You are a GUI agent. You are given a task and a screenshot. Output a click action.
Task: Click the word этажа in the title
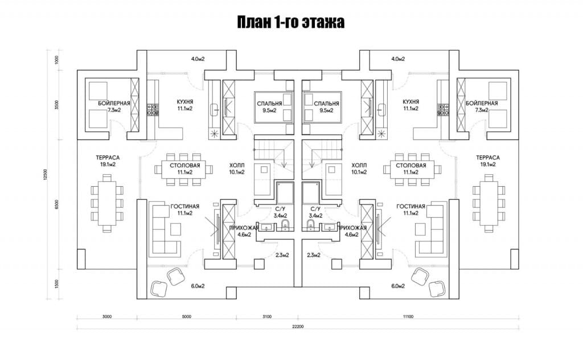click(x=323, y=22)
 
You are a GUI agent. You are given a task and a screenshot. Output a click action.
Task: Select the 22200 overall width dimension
click(x=298, y=327)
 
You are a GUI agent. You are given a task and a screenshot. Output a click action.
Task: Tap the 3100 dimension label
click(x=267, y=317)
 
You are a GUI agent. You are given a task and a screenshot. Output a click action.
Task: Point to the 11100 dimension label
click(x=408, y=317)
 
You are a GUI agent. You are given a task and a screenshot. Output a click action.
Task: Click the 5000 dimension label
click(x=187, y=317)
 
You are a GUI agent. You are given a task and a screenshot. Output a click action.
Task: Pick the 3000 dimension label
click(x=106, y=317)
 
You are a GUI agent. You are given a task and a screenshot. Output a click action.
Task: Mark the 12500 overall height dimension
click(x=46, y=175)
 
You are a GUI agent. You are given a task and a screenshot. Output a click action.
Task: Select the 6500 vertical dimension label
click(x=56, y=204)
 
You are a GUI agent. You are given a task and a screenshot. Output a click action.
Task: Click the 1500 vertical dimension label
click(x=56, y=284)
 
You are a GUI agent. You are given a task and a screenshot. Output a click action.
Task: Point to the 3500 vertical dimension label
click(x=56, y=105)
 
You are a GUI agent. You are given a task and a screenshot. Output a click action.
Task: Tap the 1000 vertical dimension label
click(x=56, y=60)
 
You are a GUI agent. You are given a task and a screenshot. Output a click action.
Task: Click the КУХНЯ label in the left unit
click(x=185, y=102)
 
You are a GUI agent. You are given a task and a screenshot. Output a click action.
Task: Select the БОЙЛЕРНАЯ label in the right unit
click(x=482, y=104)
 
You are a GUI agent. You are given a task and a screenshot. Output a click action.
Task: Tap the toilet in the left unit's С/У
click(x=286, y=225)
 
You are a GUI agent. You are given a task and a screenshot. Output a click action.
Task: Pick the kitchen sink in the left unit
click(x=215, y=110)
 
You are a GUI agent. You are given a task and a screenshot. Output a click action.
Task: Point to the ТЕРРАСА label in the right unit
click(x=488, y=158)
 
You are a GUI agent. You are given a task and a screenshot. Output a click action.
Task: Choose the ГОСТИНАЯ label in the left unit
click(x=185, y=206)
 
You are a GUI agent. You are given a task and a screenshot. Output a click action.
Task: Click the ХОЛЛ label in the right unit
click(x=359, y=166)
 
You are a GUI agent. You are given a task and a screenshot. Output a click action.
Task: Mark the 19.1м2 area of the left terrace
click(x=108, y=165)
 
